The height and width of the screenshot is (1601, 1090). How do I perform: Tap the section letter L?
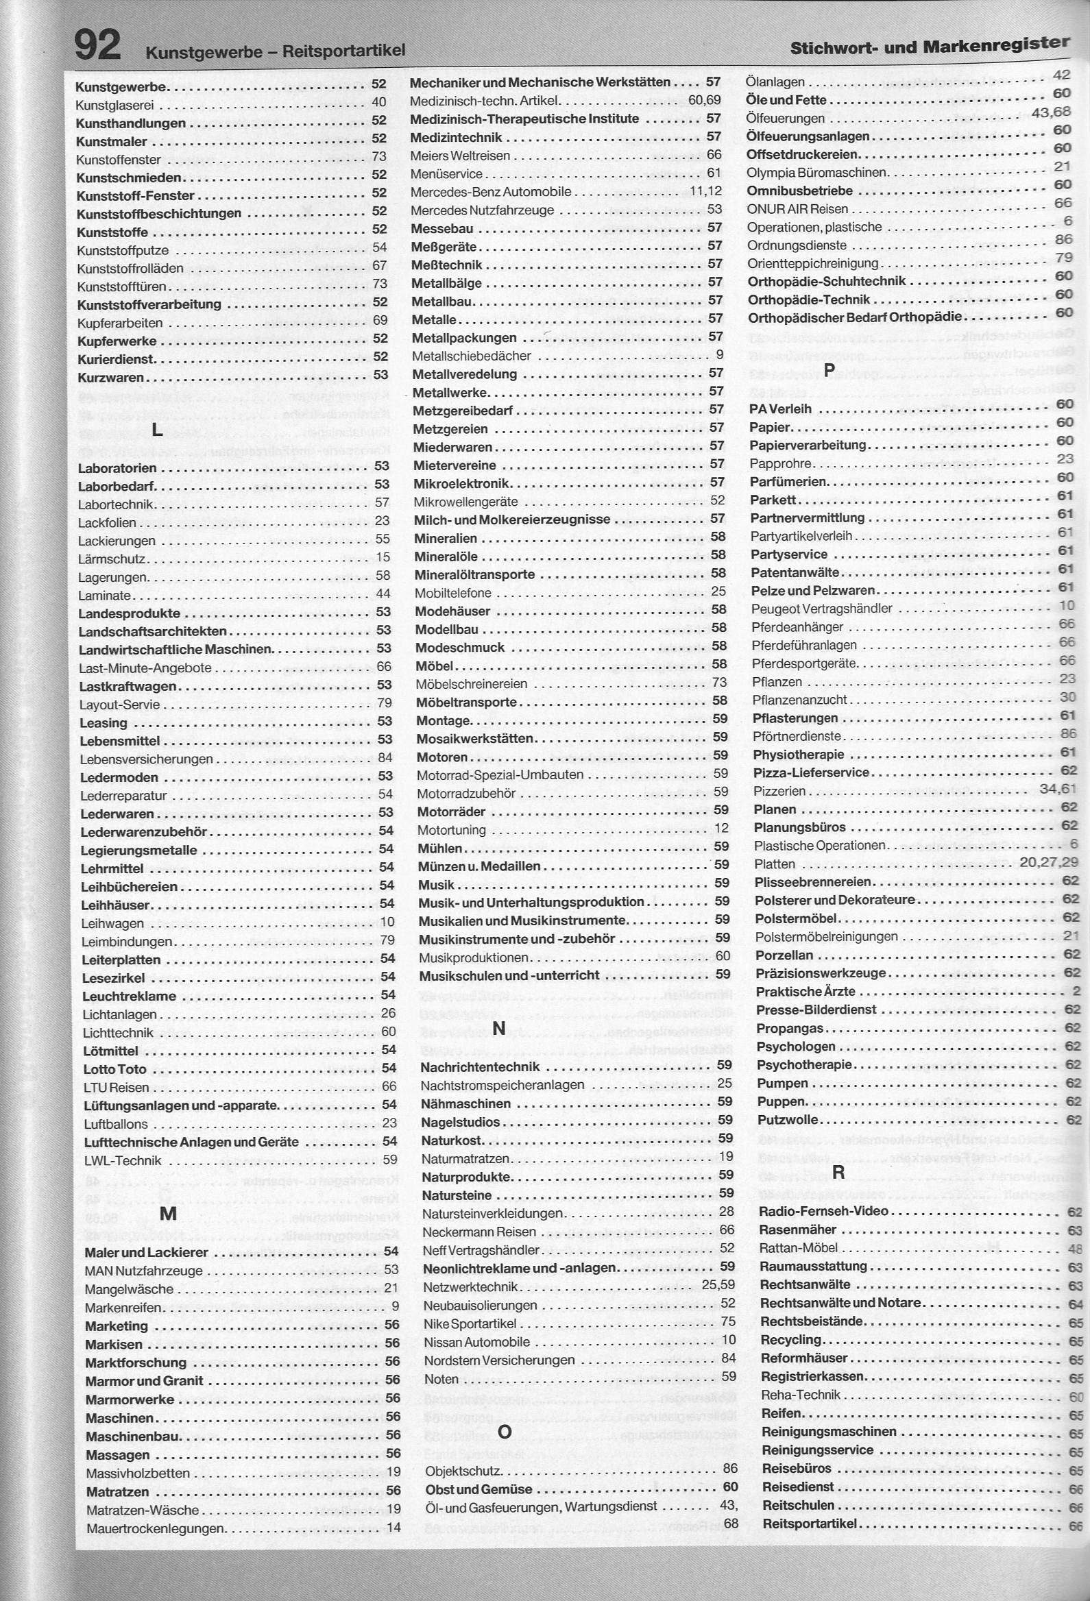tap(157, 430)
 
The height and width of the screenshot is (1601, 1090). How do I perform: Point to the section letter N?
tap(500, 1029)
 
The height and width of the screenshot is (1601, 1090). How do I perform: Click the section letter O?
tap(505, 1432)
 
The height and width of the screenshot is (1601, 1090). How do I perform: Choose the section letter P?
tap(829, 370)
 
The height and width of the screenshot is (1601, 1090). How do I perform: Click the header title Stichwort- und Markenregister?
tap(930, 46)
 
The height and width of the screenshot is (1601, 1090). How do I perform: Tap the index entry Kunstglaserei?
tap(115, 106)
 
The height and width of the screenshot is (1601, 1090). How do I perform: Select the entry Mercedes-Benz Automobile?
tap(491, 191)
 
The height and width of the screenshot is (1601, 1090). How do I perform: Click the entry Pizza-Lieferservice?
tap(811, 772)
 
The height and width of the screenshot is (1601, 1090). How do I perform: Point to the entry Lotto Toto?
tap(115, 1069)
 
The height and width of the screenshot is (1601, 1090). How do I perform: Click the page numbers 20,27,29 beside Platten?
tap(1049, 862)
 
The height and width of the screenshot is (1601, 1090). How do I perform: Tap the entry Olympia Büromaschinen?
tap(816, 172)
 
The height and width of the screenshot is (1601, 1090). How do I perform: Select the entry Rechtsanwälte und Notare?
tap(840, 1303)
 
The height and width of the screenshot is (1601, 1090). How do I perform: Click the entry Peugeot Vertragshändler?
tap(821, 609)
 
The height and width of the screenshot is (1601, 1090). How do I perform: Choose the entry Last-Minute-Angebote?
tap(145, 668)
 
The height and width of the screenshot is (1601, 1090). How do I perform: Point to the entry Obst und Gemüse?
tap(479, 1489)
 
